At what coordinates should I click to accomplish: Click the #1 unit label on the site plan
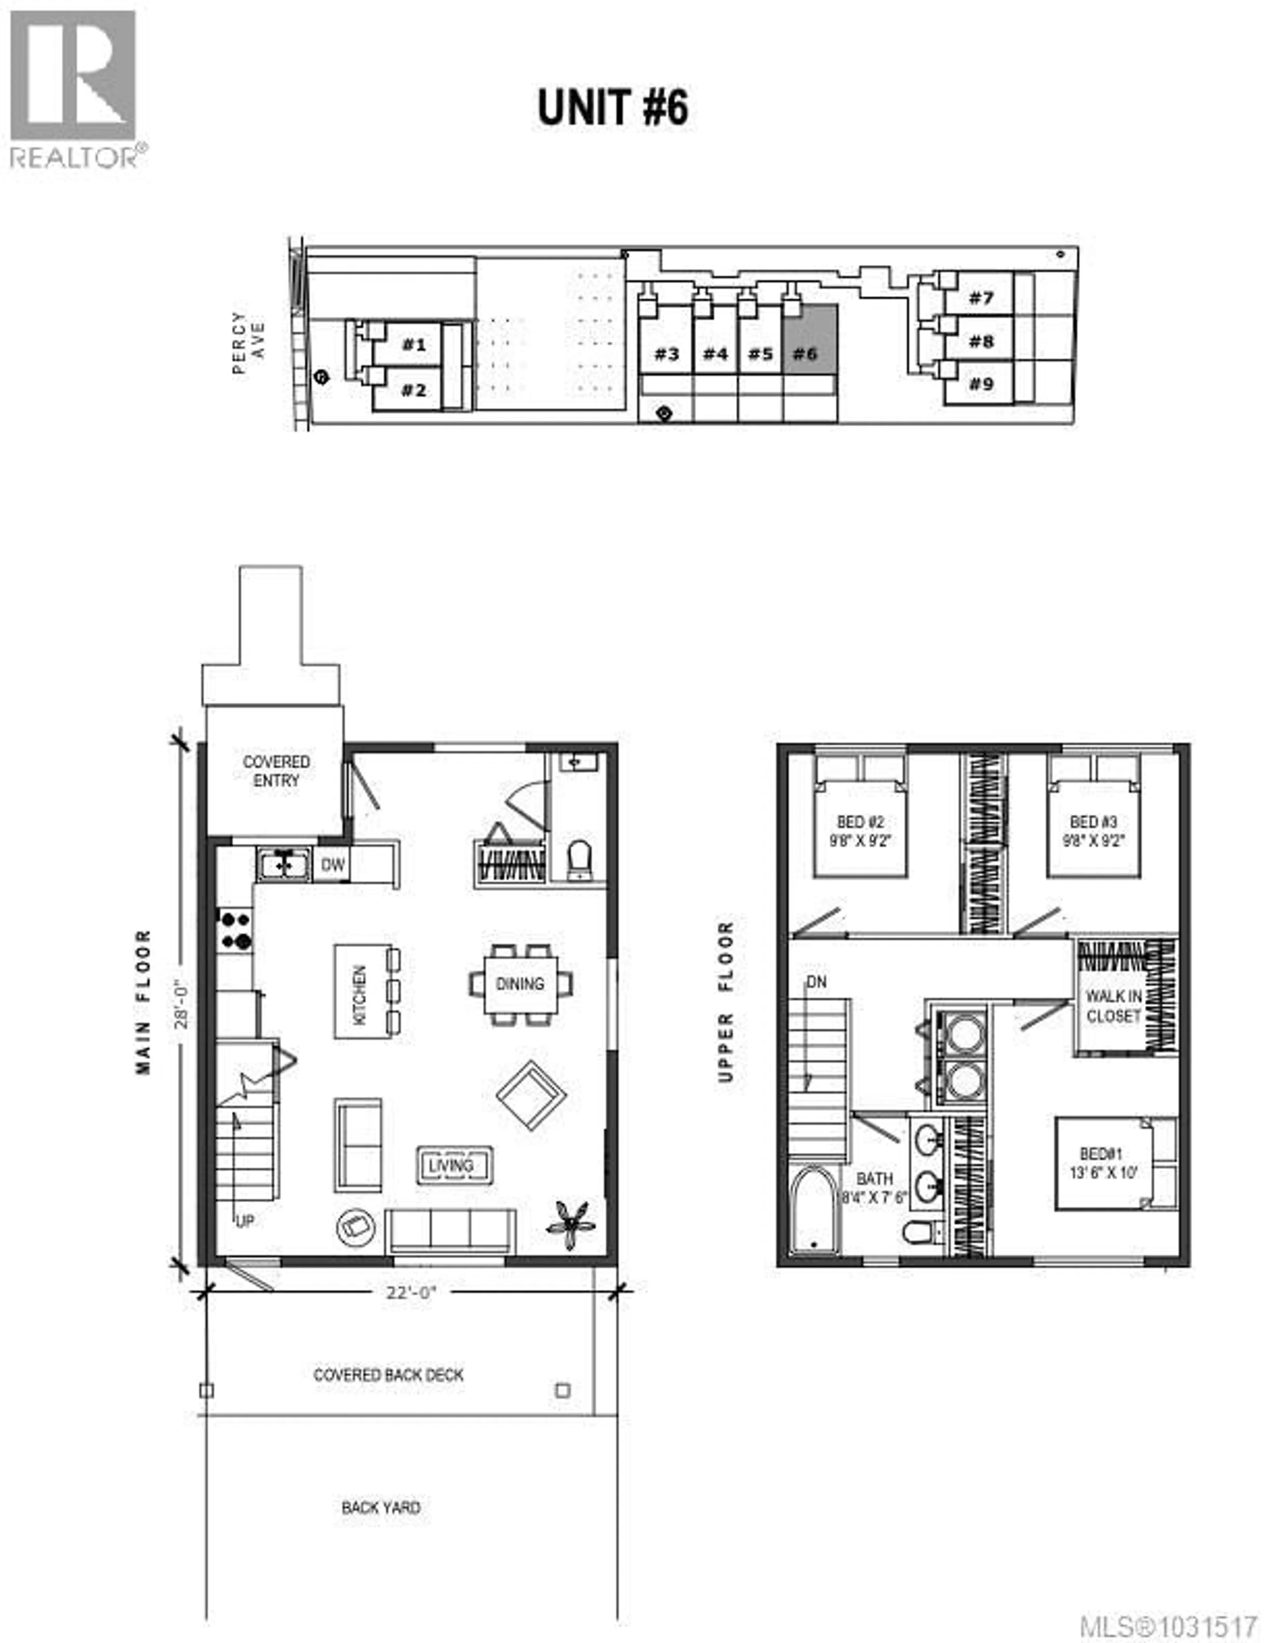tap(413, 345)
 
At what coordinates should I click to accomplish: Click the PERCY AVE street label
tap(248, 342)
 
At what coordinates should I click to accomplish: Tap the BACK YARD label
tap(381, 1507)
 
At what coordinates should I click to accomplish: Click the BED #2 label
tap(860, 831)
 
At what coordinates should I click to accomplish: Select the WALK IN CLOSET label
tap(1114, 1006)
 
